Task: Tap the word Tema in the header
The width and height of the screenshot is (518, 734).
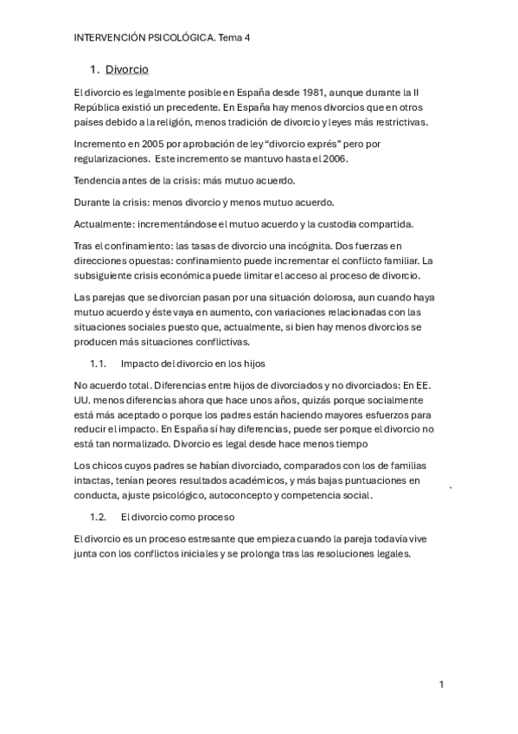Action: [231, 38]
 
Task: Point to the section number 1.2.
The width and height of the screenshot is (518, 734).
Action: [98, 517]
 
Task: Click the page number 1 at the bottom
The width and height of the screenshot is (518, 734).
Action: [441, 685]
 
